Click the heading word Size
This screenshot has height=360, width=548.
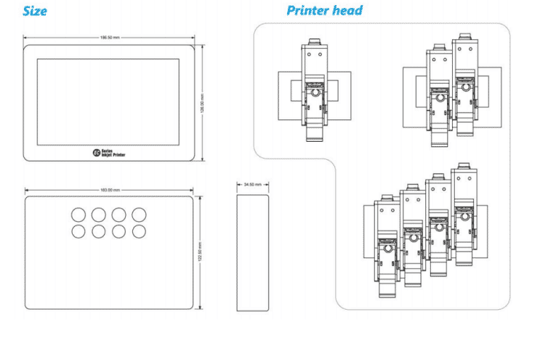tap(35, 11)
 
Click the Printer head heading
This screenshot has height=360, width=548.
tap(324, 11)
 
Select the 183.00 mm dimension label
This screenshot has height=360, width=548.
tap(110, 190)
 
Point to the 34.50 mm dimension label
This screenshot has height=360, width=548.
tap(252, 185)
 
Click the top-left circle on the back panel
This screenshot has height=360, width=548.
tap(78, 215)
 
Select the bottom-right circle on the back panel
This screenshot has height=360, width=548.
tap(139, 231)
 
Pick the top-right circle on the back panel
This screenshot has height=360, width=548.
tap(139, 215)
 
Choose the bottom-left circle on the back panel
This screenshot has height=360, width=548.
tap(78, 231)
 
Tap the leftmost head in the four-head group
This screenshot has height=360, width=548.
tap(387, 247)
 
